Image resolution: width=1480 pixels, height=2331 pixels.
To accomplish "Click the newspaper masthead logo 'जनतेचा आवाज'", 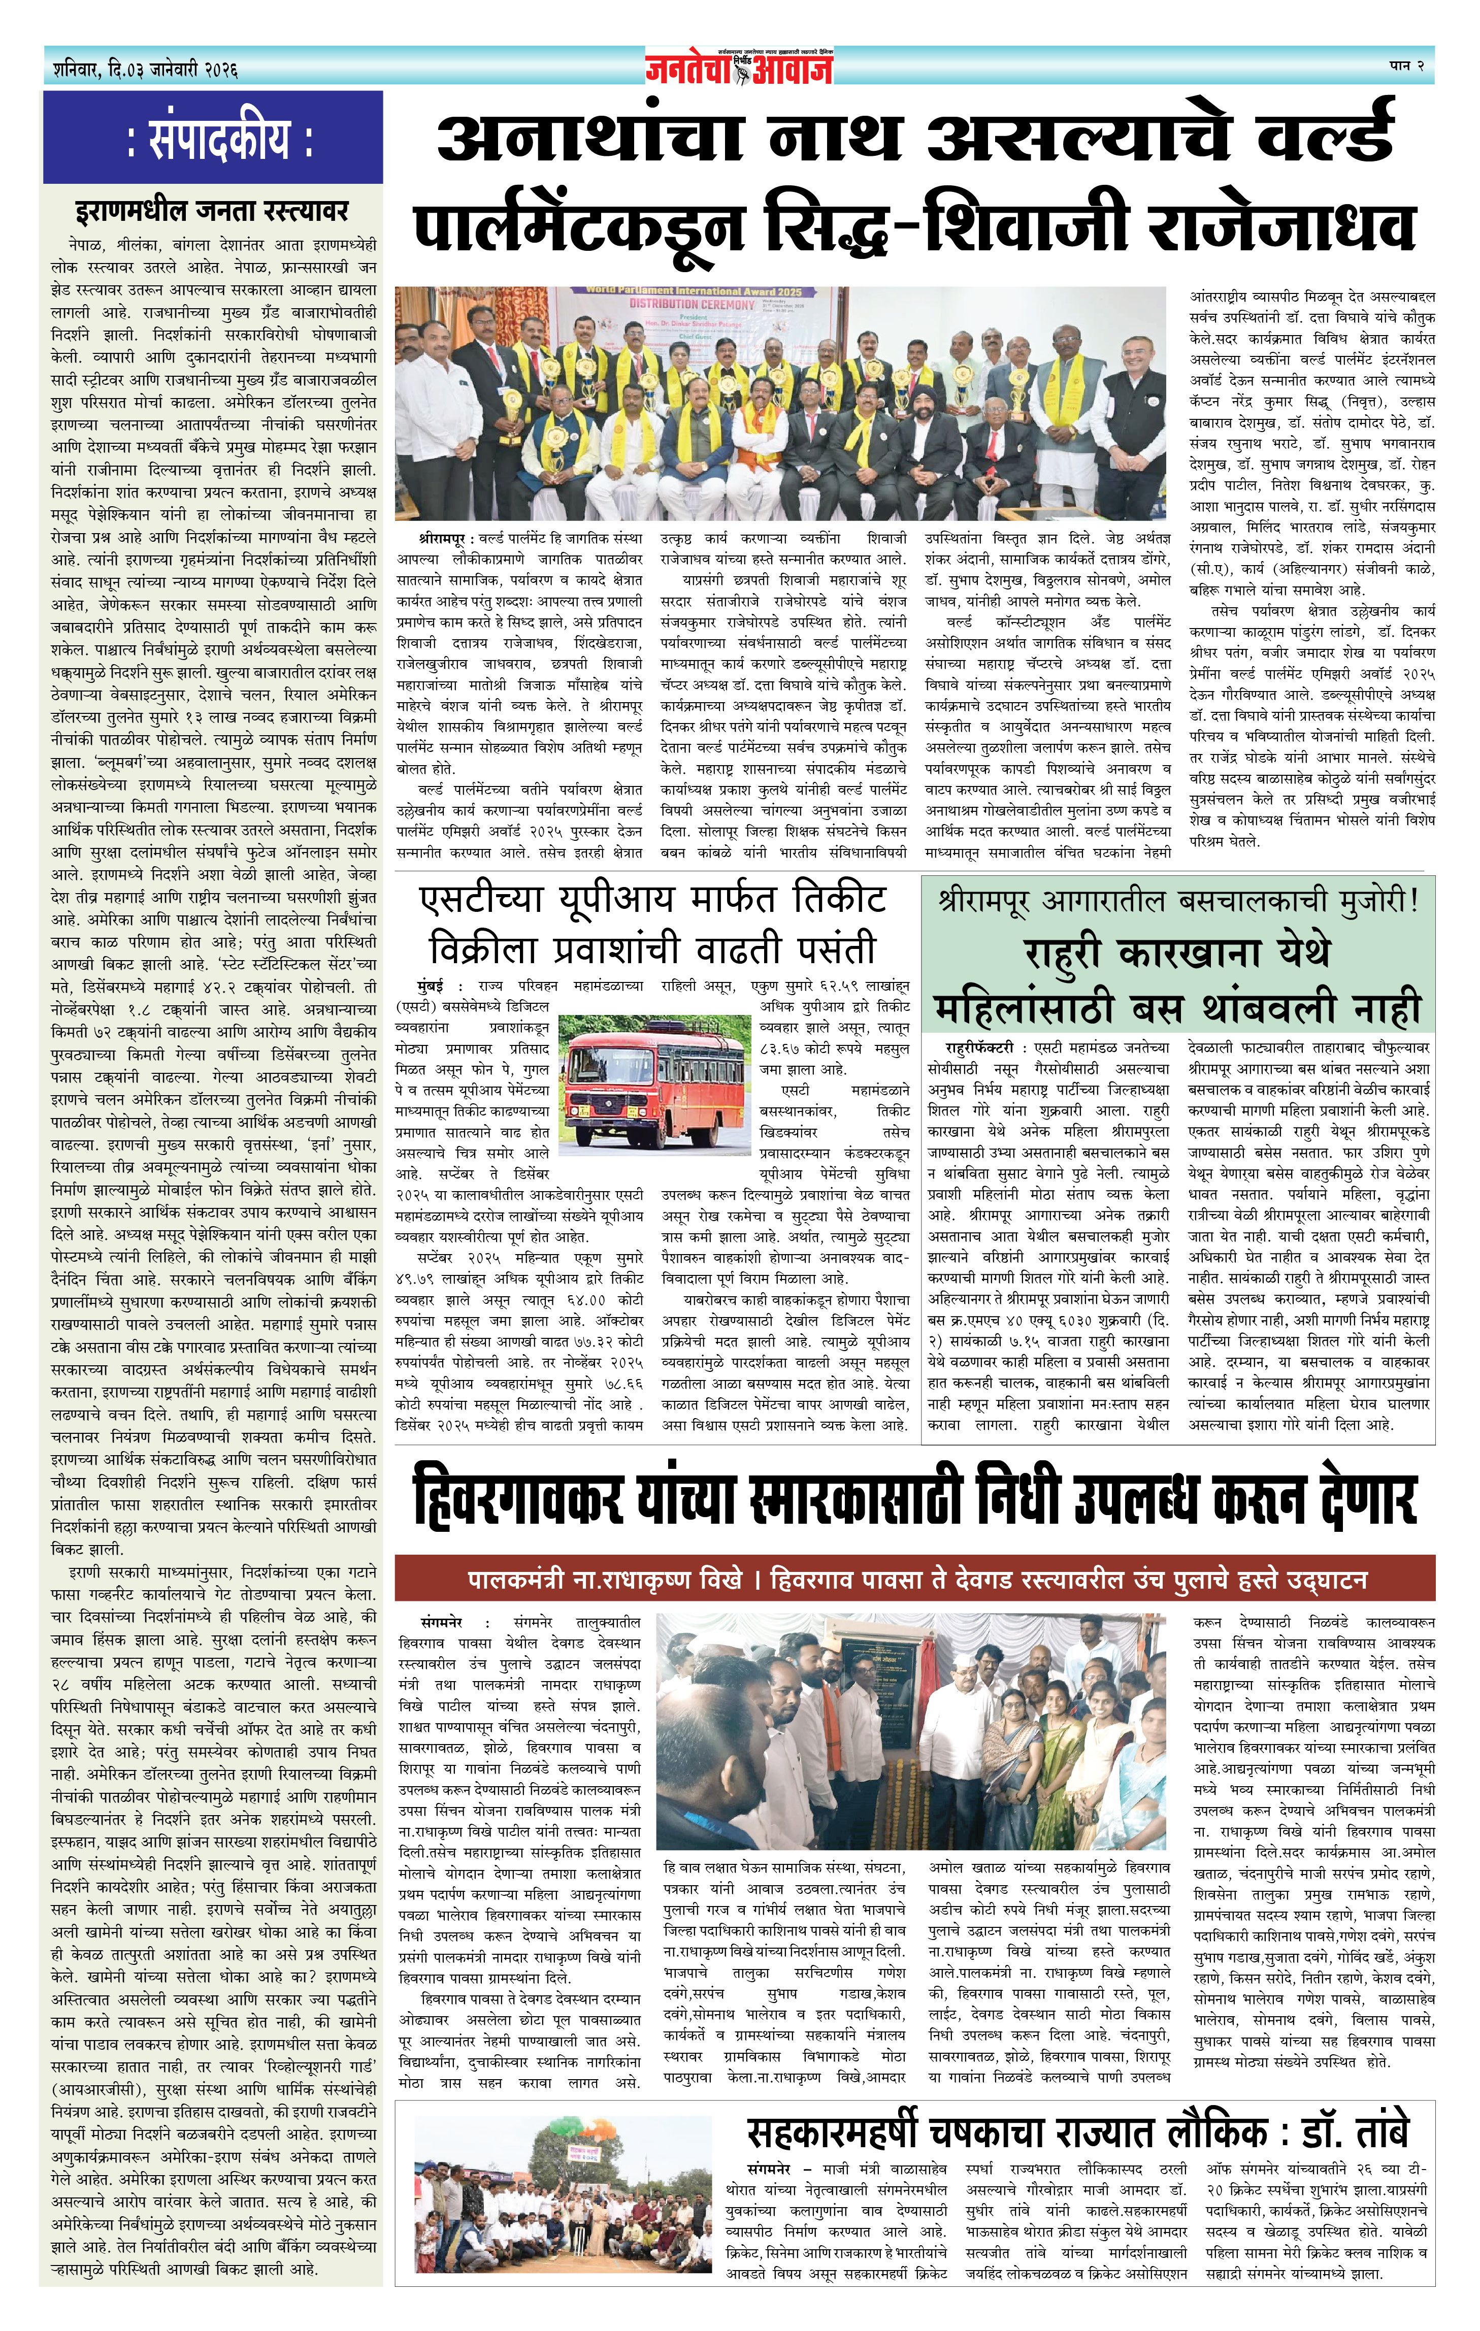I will [x=740, y=67].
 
